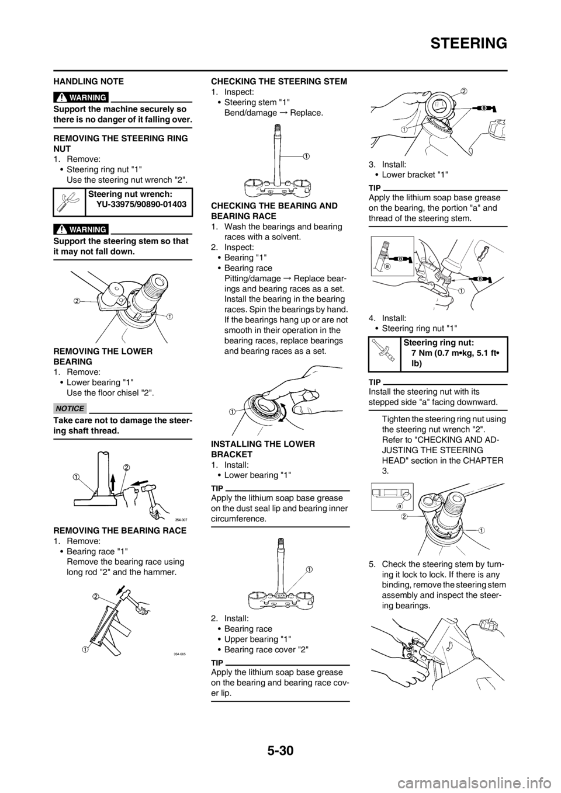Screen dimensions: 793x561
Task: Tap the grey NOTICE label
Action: point(70,408)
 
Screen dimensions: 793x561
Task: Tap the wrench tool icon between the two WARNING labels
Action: point(66,202)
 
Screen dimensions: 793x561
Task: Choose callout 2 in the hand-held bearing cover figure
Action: point(463,91)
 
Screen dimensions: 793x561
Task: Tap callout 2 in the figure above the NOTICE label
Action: point(76,301)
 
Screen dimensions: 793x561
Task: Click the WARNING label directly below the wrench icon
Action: point(81,228)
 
